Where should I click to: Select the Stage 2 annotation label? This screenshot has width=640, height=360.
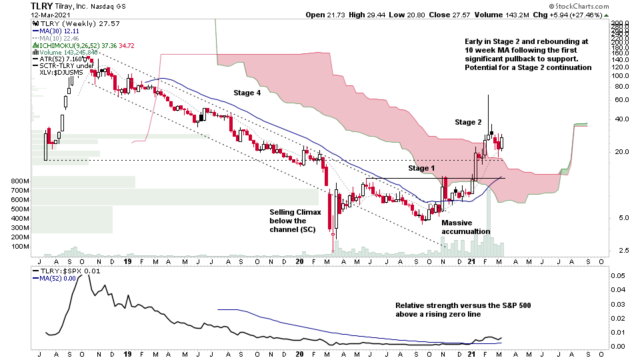[468, 122]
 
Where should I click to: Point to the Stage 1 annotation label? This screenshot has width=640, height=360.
[421, 168]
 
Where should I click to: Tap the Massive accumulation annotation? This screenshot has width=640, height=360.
[465, 227]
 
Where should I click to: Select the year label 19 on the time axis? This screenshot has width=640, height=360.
[126, 261]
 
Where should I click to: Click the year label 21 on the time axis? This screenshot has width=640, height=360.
[471, 261]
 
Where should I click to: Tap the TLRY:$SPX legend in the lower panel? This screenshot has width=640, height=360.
[63, 271]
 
